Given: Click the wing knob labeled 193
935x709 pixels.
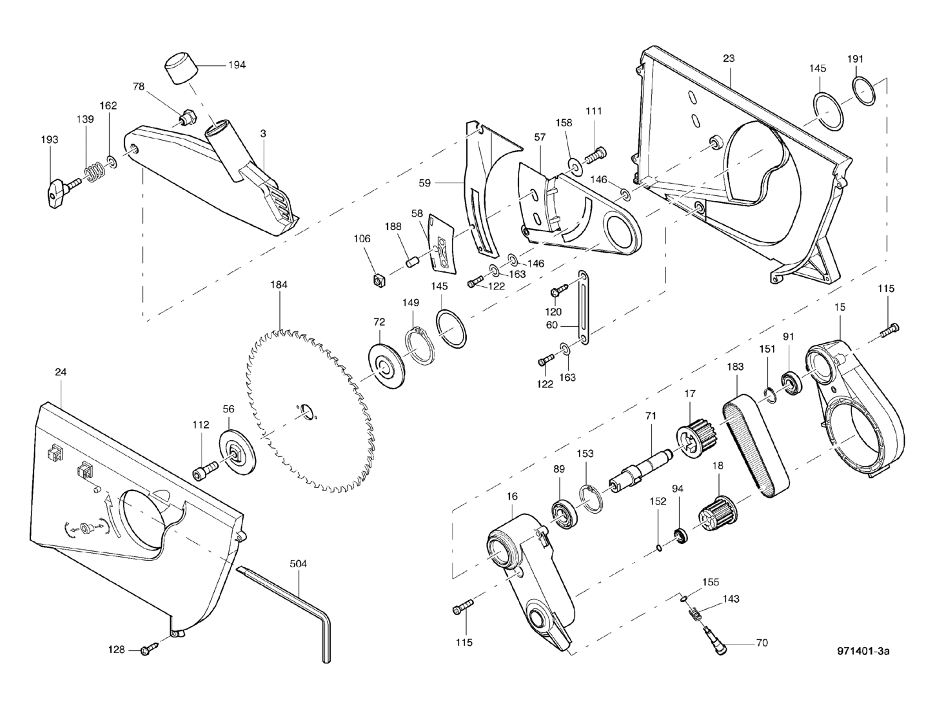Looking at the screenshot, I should (x=55, y=190).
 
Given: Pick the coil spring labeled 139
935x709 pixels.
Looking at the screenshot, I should (x=94, y=171).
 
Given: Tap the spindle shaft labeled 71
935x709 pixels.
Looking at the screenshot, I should (x=641, y=468).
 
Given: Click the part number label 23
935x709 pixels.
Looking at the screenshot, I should (x=728, y=58).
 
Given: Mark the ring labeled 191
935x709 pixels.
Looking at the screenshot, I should (x=864, y=91).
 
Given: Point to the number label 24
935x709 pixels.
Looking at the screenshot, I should (x=61, y=372).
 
